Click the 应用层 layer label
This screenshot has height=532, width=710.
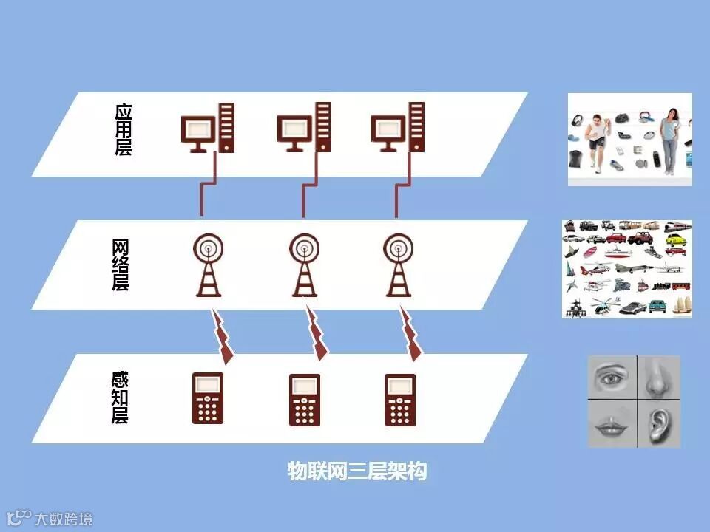click(x=123, y=129)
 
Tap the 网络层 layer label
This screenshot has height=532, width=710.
click(x=121, y=263)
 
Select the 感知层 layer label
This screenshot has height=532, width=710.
click(x=121, y=398)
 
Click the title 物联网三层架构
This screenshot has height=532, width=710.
click(x=357, y=471)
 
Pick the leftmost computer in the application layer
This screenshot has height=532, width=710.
click(x=208, y=129)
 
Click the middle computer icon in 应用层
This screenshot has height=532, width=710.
click(x=303, y=129)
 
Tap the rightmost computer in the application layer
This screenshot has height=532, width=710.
click(x=397, y=129)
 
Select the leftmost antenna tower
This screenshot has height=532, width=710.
click(x=208, y=265)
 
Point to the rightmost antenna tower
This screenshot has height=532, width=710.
click(x=399, y=265)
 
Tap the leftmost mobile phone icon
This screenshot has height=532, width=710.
click(x=208, y=399)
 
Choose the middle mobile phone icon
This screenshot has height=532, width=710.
click(x=304, y=400)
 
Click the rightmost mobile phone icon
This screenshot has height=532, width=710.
click(x=399, y=400)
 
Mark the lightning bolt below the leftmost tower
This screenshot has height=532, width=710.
click(x=222, y=337)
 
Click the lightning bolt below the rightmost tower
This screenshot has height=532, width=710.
click(x=410, y=335)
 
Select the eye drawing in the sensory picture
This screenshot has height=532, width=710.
click(x=612, y=378)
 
